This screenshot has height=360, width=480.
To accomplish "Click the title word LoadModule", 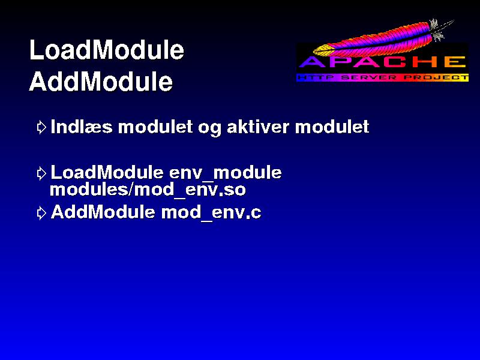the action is (x=107, y=50).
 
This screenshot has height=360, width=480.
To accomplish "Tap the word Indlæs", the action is (x=82, y=127).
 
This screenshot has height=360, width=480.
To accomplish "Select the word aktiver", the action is (x=258, y=127).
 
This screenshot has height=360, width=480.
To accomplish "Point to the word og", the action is (x=209, y=128).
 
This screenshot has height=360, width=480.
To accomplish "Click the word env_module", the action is (x=226, y=173).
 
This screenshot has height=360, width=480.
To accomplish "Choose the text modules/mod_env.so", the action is (x=148, y=190).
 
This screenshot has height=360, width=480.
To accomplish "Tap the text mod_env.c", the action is (x=211, y=212).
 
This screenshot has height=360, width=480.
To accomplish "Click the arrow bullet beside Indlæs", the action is (x=41, y=127).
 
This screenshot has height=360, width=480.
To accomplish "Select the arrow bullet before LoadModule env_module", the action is (x=41, y=173).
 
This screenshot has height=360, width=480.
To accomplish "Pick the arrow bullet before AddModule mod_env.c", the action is (x=41, y=213).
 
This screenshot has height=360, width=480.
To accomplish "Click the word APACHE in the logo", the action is (x=382, y=62).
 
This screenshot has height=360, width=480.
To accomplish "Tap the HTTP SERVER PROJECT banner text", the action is (x=382, y=78).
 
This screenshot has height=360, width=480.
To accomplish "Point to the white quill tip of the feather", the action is (x=452, y=22).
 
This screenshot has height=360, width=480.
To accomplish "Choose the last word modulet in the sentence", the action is (x=332, y=127).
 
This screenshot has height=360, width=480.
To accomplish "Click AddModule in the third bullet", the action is (x=103, y=212).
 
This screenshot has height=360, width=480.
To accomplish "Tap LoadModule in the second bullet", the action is (x=107, y=172).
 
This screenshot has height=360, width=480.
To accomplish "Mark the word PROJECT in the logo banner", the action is (x=436, y=78).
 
